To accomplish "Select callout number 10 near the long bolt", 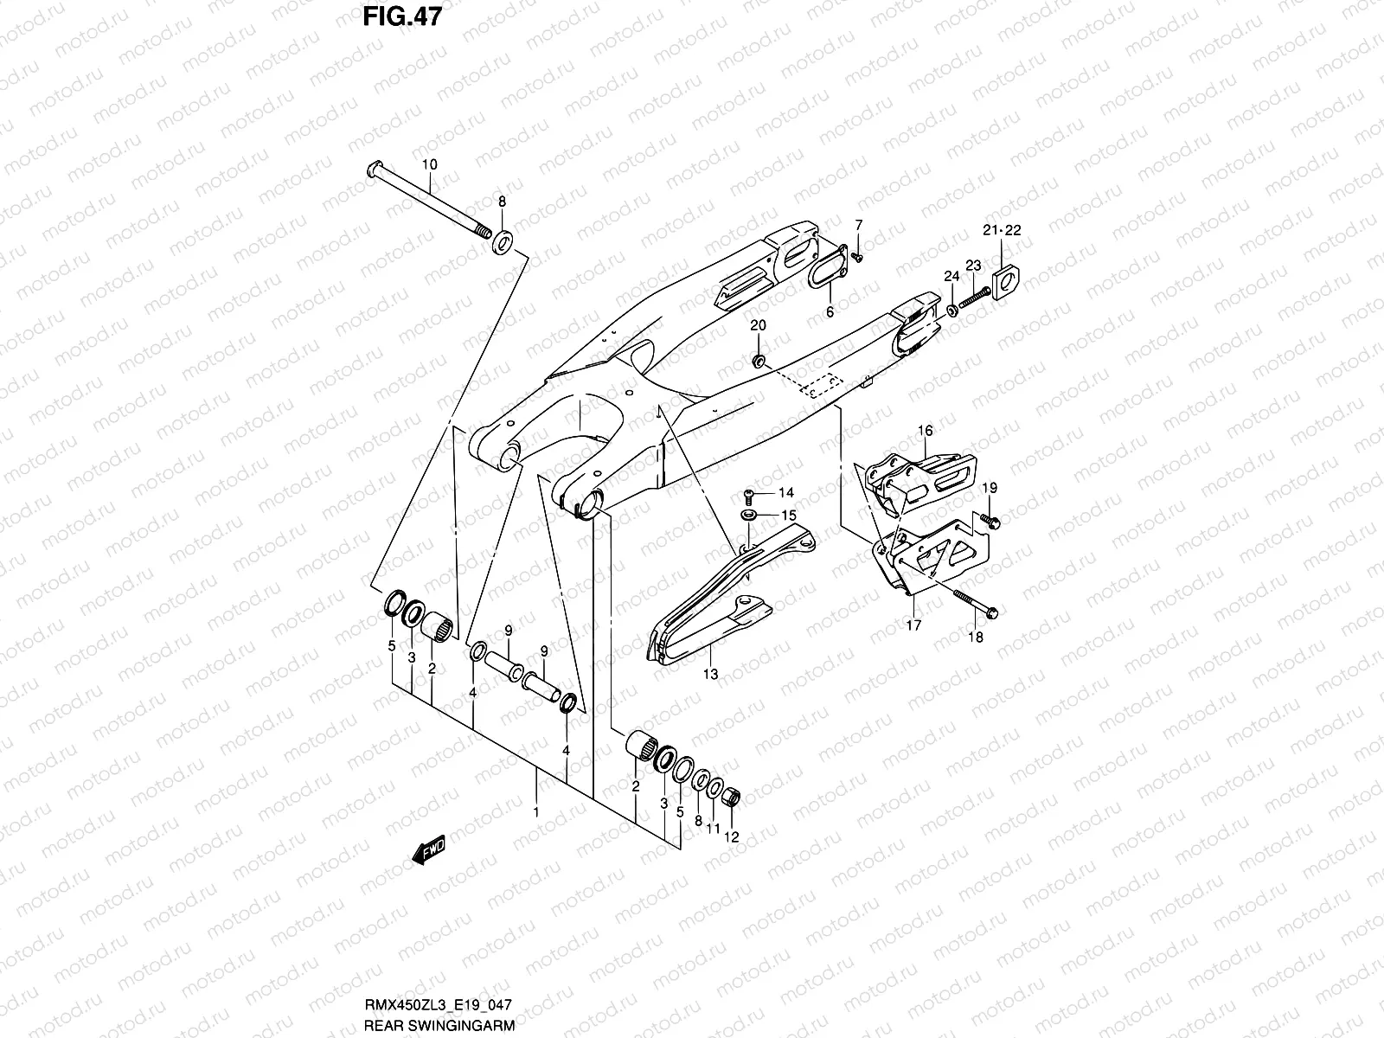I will pyautogui.click(x=429, y=164).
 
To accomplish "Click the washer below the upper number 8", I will pyautogui.click(x=502, y=241).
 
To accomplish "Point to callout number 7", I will pyautogui.click(x=858, y=225).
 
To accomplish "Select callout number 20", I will pyautogui.click(x=758, y=325).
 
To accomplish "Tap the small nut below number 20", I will pyautogui.click(x=758, y=360).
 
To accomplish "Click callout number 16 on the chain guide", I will pyautogui.click(x=925, y=430).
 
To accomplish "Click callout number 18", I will pyautogui.click(x=976, y=638).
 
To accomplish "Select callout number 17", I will pyautogui.click(x=913, y=625).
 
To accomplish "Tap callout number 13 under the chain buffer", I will pyautogui.click(x=710, y=673).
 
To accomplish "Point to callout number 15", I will pyautogui.click(x=787, y=515).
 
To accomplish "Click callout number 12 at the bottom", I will pyautogui.click(x=732, y=836).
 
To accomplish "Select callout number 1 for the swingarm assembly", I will pyautogui.click(x=536, y=812).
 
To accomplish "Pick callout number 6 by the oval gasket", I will pyautogui.click(x=829, y=311).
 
